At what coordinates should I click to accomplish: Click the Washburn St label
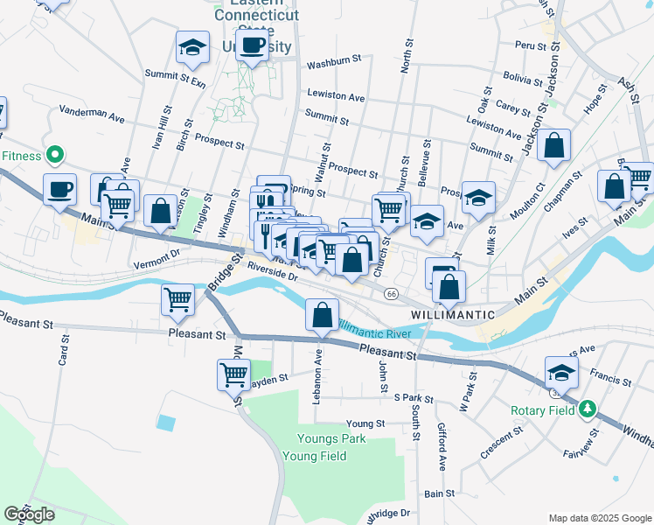[x=334, y=60]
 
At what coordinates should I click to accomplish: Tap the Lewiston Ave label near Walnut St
[x=336, y=97]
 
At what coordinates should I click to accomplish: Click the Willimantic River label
[x=374, y=331]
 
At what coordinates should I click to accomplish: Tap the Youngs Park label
[x=311, y=439]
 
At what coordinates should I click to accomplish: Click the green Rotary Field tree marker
[x=588, y=409]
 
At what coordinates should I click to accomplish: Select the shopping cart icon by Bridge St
[x=178, y=299]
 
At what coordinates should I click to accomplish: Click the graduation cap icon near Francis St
[x=561, y=372]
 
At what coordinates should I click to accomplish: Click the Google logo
[x=30, y=514]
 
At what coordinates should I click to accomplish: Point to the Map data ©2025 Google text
[x=598, y=518]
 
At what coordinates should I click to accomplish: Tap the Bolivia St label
[x=524, y=80]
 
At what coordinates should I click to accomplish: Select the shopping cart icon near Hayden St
[x=233, y=374]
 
